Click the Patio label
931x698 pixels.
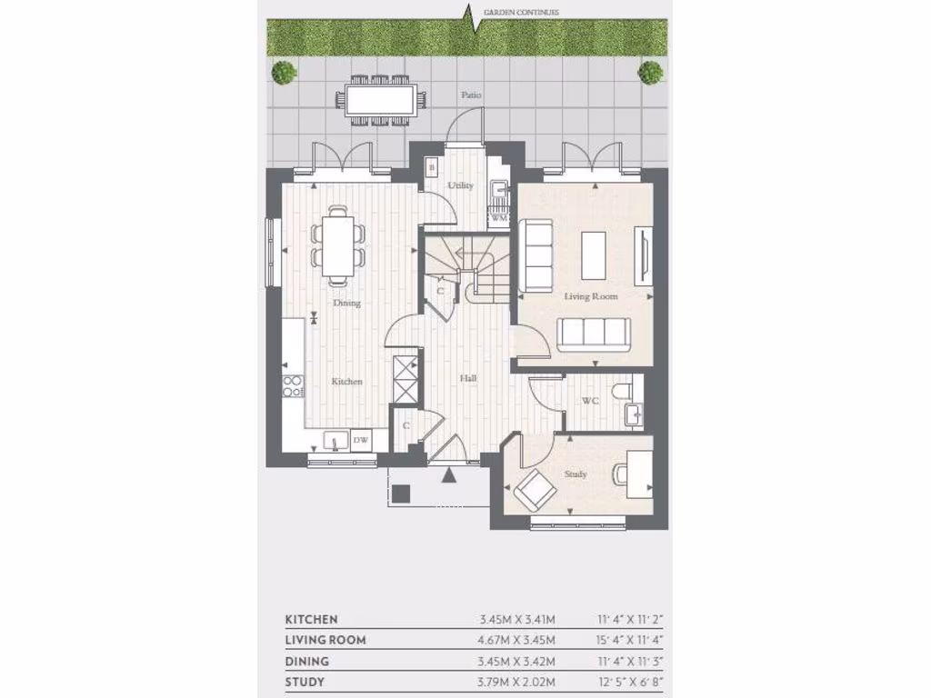[x=470, y=95]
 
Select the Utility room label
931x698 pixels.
[x=461, y=185]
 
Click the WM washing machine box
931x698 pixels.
[x=498, y=218]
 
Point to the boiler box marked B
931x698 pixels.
[x=432, y=167]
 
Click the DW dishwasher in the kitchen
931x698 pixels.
[x=360, y=440]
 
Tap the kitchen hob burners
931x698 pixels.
[x=293, y=386]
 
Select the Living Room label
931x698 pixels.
[x=591, y=296]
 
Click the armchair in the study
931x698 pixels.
[x=535, y=492]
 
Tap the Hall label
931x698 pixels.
[x=467, y=378]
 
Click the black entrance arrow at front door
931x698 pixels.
[x=449, y=474]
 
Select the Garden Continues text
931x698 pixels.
[x=521, y=12]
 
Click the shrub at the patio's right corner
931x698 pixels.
[x=649, y=72]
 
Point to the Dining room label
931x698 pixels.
[x=346, y=303]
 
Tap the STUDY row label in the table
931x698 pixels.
[x=305, y=682]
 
